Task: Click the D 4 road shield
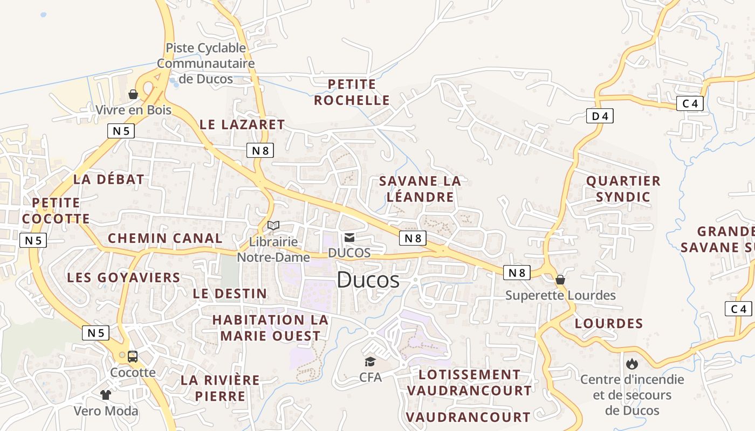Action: (x=600, y=116)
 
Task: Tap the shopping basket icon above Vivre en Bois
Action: (x=133, y=95)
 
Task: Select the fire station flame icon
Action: (x=632, y=364)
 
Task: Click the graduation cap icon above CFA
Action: (x=370, y=362)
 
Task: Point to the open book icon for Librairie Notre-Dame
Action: (x=273, y=225)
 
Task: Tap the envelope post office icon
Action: (x=349, y=237)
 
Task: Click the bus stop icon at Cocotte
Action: (x=133, y=356)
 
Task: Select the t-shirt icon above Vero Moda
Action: (x=106, y=395)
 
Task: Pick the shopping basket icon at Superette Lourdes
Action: (x=560, y=280)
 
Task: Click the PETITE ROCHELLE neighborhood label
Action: (x=352, y=92)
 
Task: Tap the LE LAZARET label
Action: (x=242, y=124)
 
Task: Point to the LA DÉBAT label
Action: (x=108, y=179)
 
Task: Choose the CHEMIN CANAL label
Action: (x=165, y=238)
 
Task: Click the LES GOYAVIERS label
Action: (x=123, y=277)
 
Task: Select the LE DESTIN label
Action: (x=230, y=294)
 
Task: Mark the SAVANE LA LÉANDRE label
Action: (x=420, y=189)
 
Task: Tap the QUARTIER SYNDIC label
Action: (x=623, y=189)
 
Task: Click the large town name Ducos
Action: (x=368, y=280)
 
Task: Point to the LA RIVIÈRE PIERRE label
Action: (x=220, y=388)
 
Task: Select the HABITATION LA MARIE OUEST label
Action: (x=270, y=328)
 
